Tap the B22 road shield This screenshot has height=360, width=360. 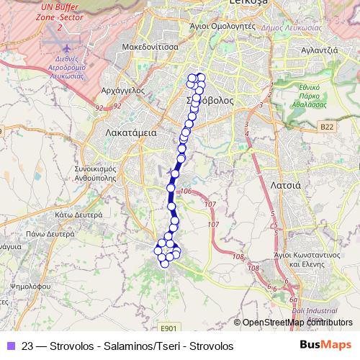pyautogui.click(x=328, y=127)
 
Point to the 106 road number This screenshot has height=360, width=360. pyautogui.click(x=186, y=192)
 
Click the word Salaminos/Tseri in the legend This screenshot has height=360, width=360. pyautogui.click(x=138, y=346)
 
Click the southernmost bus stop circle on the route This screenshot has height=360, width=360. pyautogui.click(x=164, y=264)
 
